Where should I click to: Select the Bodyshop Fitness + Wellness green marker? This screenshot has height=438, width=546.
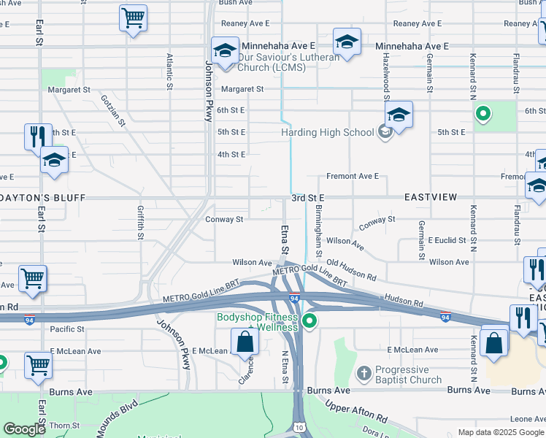coord(309,320)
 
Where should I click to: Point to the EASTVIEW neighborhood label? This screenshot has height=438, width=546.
coord(431,198)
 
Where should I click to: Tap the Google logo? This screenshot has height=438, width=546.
coord(24,429)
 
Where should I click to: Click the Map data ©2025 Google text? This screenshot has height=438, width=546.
coord(501,432)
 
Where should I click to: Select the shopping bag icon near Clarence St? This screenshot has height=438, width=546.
coord(245,342)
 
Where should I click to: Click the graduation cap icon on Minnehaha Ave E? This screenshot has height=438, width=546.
coord(347,42)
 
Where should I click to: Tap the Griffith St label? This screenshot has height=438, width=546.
coord(140,223)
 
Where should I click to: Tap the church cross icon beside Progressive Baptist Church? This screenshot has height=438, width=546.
coord(364,374)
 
